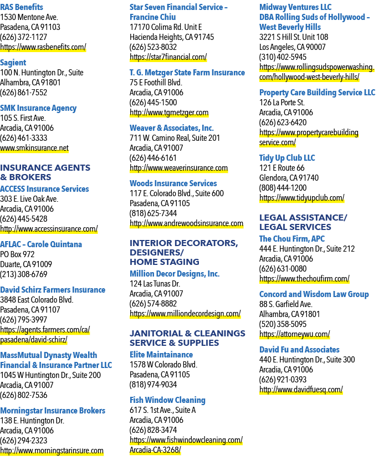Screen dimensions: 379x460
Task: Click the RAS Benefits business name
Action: [x=22, y=7]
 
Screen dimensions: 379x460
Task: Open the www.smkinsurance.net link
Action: [x=34, y=148]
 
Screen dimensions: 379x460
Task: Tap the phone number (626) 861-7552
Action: [x=23, y=93]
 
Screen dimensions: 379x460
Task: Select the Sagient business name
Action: [x=13, y=63]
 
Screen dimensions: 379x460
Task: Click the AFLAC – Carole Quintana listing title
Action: [x=41, y=244]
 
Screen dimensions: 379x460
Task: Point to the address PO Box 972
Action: [x=17, y=254]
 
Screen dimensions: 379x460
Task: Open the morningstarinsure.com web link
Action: [x=52, y=451]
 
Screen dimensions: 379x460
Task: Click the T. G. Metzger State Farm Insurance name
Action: [x=187, y=73]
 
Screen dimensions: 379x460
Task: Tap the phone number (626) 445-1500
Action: [x=153, y=103]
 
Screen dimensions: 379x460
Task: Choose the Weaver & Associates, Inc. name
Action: [x=172, y=128]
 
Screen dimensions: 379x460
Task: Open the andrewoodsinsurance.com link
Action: [x=186, y=223]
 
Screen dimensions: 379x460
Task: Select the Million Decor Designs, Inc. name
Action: [x=175, y=274]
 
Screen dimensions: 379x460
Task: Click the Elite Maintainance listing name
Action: [x=161, y=354]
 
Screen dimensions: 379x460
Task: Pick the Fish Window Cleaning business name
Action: [x=167, y=400]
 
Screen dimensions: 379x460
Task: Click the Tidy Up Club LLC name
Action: [x=287, y=158]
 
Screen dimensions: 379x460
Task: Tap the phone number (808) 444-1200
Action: [x=283, y=188]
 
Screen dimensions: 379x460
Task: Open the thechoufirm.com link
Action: [x=304, y=278]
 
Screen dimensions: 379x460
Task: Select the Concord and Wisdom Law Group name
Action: [x=314, y=294]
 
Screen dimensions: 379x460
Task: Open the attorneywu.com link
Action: [x=295, y=334]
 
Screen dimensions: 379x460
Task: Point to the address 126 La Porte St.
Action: [x=281, y=103]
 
